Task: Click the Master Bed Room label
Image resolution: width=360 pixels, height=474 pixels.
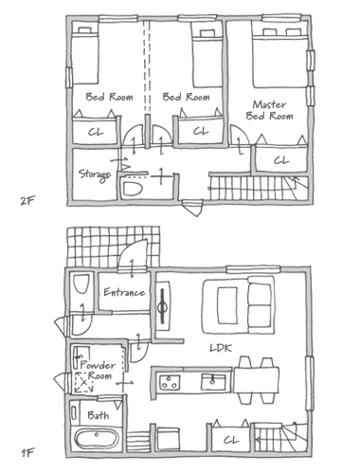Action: pyautogui.click(x=269, y=110)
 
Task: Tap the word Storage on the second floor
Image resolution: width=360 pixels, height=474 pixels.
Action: pyautogui.click(x=95, y=174)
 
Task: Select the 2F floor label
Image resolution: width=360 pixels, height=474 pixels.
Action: pyautogui.click(x=27, y=201)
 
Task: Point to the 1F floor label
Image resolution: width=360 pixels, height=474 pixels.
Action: pyautogui.click(x=27, y=453)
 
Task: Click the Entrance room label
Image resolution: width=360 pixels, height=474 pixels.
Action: pyautogui.click(x=124, y=292)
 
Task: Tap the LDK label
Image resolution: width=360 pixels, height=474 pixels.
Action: pyautogui.click(x=221, y=348)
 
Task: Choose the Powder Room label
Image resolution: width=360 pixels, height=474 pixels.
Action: pyautogui.click(x=98, y=371)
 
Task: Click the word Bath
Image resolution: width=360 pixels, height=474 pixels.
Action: pyautogui.click(x=99, y=415)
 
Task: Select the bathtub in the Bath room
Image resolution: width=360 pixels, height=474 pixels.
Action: pyautogui.click(x=97, y=439)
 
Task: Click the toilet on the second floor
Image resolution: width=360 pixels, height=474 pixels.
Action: pyautogui.click(x=133, y=189)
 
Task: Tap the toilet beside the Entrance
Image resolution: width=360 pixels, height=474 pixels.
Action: pyautogui.click(x=81, y=283)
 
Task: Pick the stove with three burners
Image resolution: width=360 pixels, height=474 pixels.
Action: pyautogui.click(x=170, y=382)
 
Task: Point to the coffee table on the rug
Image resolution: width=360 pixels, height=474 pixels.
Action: pyautogui.click(x=227, y=305)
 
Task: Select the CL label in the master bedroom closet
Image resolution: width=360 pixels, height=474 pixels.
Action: pyautogui.click(x=281, y=160)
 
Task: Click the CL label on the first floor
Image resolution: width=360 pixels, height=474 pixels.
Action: pyautogui.click(x=231, y=440)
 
